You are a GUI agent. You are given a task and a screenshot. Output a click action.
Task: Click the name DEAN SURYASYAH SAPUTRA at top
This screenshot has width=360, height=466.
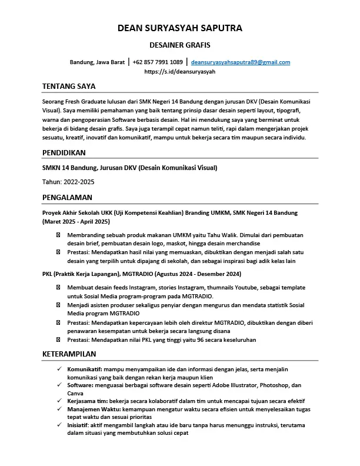pos(180,28)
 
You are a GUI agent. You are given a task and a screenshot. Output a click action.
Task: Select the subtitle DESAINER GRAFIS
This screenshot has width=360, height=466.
pos(180,45)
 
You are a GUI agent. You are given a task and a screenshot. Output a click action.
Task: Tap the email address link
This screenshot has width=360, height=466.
pos(241,62)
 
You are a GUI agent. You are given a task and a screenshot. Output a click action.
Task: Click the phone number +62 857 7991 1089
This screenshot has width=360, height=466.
pos(158,62)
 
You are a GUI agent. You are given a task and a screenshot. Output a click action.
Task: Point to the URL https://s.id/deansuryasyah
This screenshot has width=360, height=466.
pos(180,71)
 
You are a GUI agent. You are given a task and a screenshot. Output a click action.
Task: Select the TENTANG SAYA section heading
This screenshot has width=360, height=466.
pos(69,86)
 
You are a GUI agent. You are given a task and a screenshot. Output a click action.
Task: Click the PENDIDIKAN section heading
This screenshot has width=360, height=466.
pos(64,152)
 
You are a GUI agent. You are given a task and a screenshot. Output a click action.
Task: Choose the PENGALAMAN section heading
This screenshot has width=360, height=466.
pos(67,197)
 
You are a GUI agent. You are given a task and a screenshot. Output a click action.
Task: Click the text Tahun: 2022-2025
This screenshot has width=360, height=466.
pos(68,182)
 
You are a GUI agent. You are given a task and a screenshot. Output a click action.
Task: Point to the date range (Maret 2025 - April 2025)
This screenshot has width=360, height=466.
pos(76,222)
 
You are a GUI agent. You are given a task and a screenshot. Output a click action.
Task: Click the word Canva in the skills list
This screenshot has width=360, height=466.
pos(75,392)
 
